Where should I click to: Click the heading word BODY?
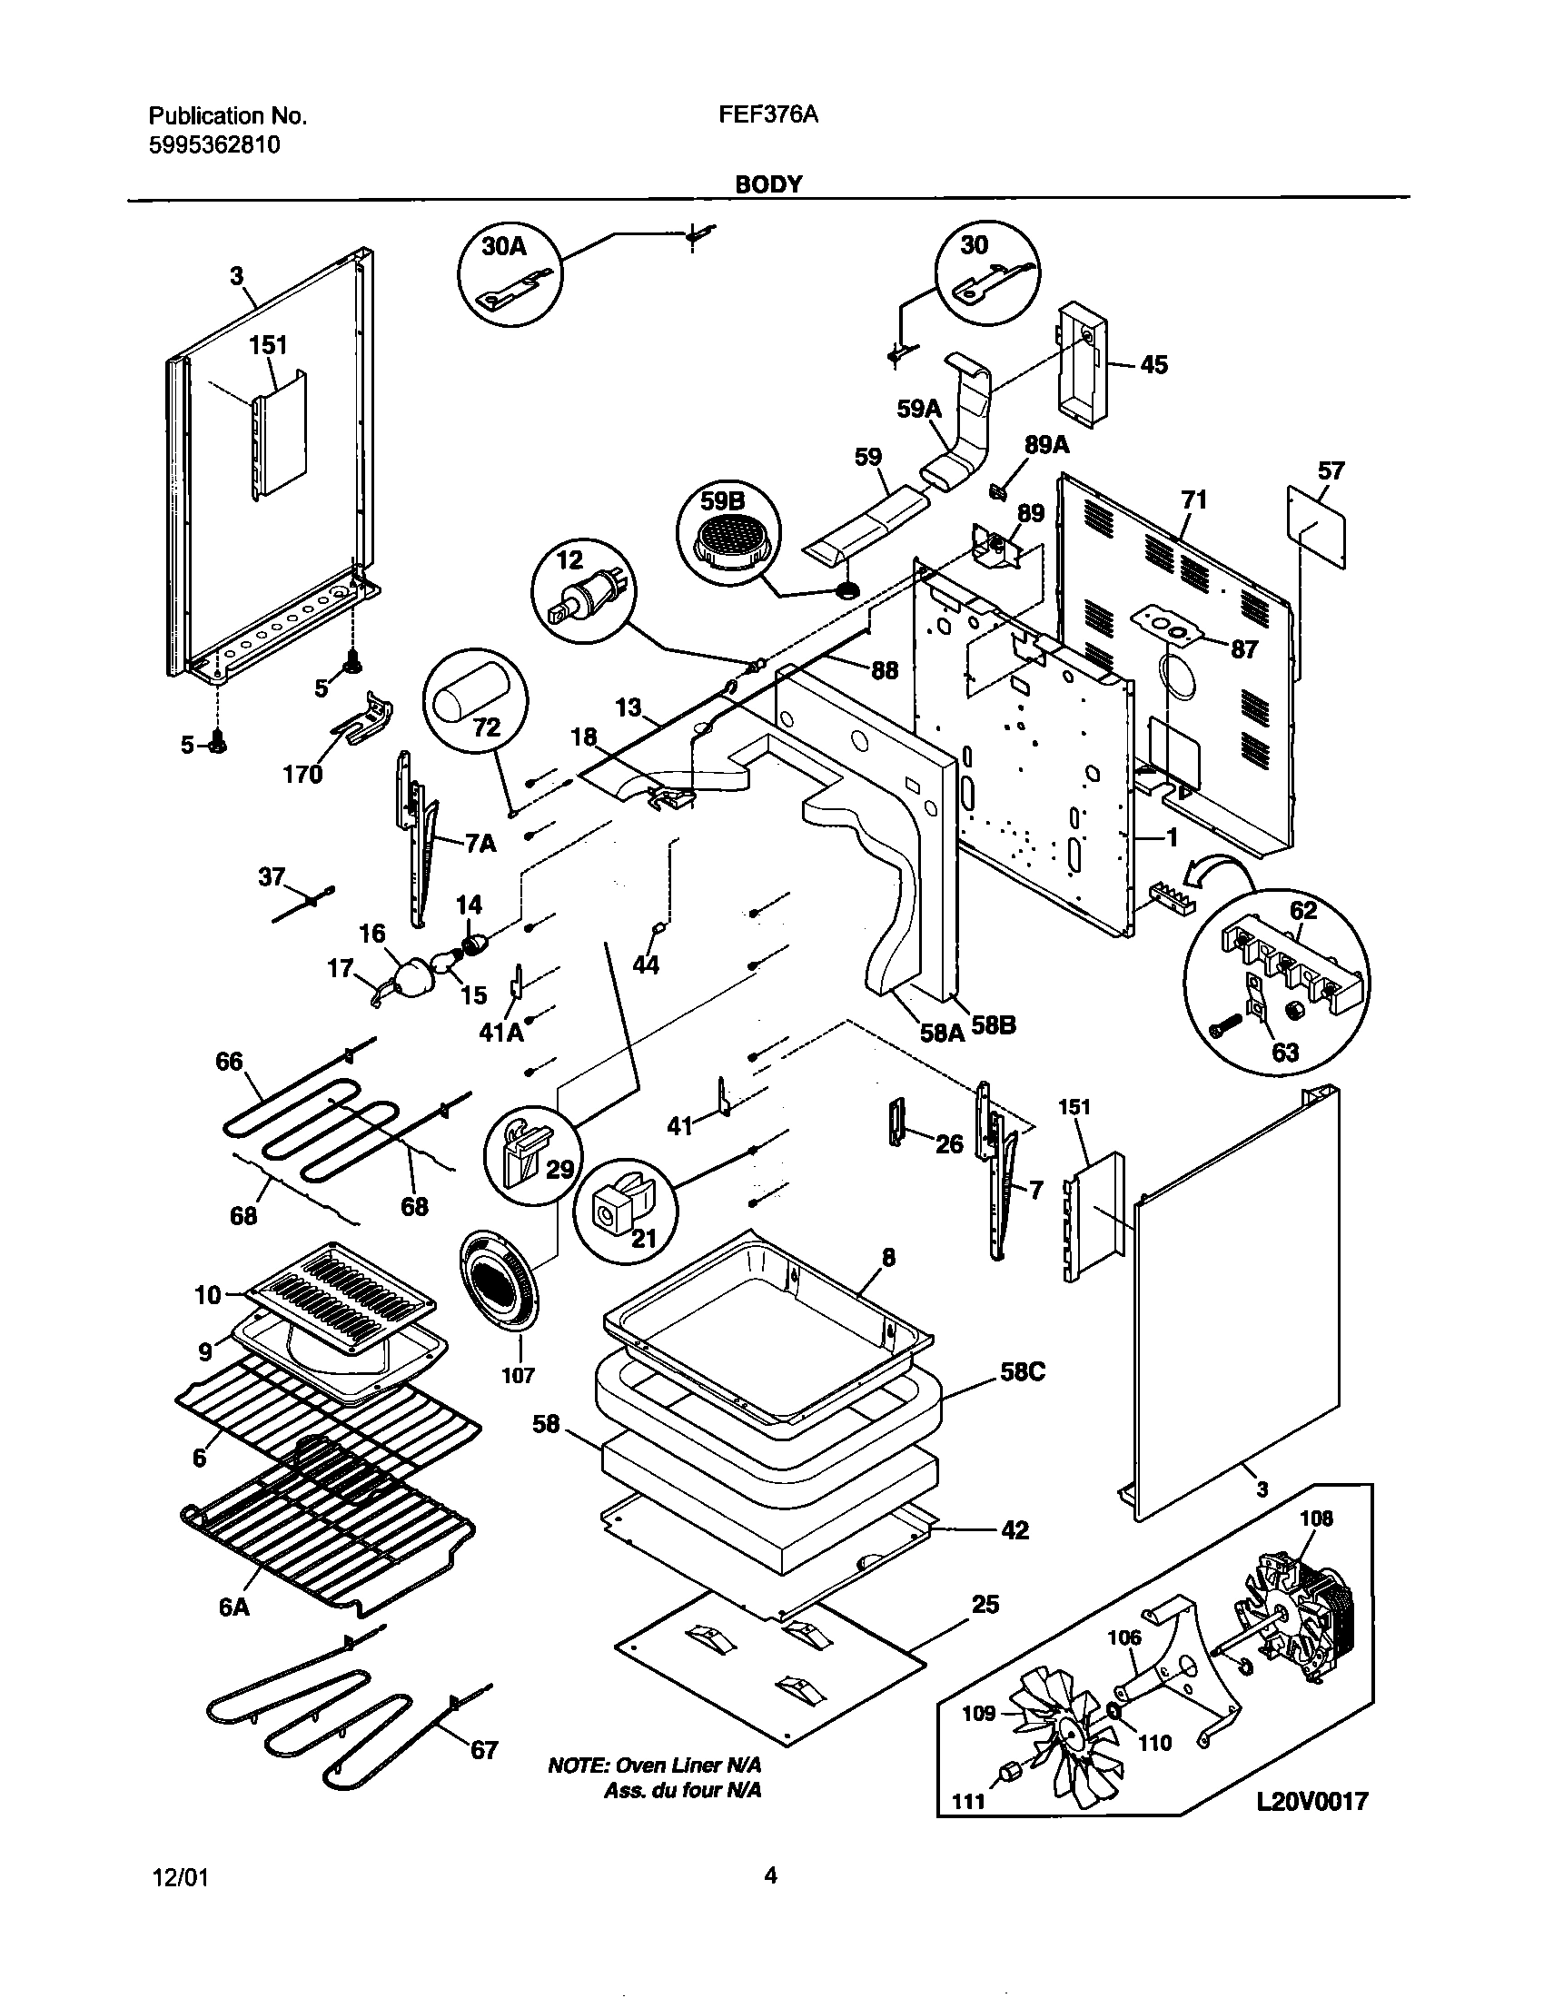point(768,184)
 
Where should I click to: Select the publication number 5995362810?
point(214,144)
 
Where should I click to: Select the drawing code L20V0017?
point(1311,1801)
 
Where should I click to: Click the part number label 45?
point(1154,365)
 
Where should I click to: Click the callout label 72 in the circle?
point(486,727)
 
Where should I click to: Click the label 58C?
point(1022,1398)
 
